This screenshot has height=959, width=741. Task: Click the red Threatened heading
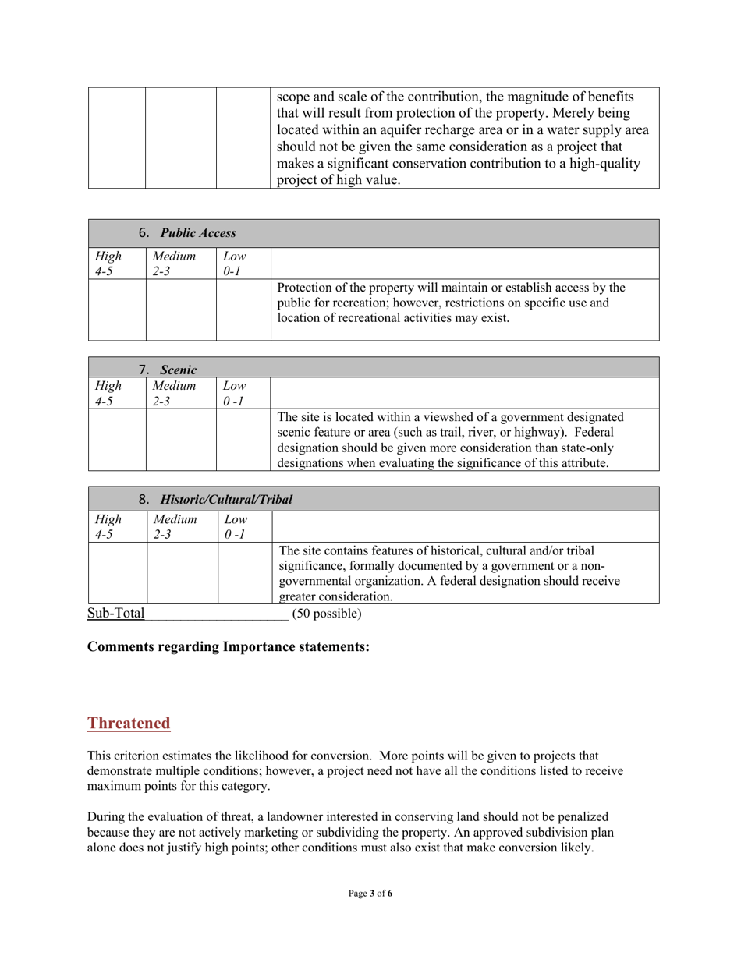(129, 723)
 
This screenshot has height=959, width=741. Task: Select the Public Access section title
(187, 232)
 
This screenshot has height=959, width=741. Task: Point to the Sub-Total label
(115, 613)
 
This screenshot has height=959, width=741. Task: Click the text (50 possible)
(326, 613)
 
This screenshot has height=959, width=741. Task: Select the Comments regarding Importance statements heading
(229, 647)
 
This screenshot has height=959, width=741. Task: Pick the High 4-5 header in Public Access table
(102, 262)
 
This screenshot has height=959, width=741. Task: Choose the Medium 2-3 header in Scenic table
(170, 391)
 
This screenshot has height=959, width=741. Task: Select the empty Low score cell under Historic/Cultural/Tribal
(244, 572)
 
